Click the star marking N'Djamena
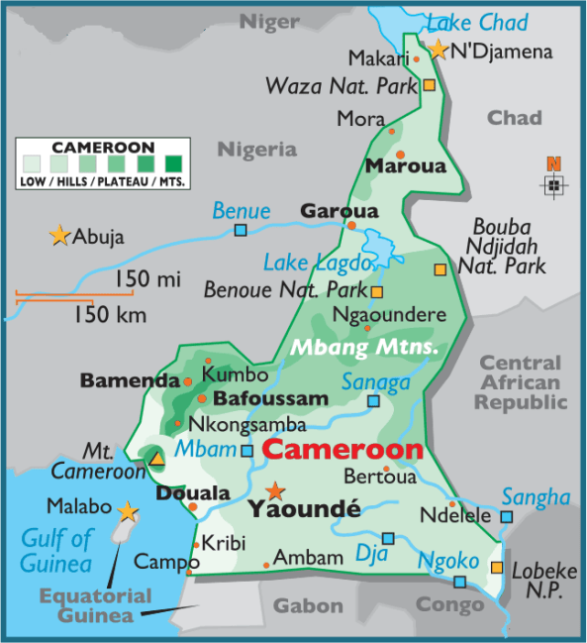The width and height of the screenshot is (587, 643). [x=439, y=49]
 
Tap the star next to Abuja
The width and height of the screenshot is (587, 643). [x=59, y=236]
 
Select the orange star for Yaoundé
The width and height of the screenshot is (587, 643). [x=275, y=490]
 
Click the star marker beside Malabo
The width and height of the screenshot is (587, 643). [x=127, y=511]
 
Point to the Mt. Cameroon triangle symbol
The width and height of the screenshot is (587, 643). [x=156, y=458]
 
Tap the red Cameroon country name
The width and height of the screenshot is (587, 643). [x=342, y=450]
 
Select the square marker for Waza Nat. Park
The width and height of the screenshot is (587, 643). [x=429, y=86]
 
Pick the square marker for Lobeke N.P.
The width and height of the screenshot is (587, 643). [x=497, y=567]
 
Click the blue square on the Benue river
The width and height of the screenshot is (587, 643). [x=241, y=231]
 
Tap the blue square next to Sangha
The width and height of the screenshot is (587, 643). [x=506, y=516]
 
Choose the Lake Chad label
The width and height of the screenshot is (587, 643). [x=477, y=22]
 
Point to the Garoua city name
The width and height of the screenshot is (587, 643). [x=325, y=211]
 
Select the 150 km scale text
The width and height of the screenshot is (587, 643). [x=110, y=315]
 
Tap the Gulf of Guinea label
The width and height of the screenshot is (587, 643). [x=57, y=552]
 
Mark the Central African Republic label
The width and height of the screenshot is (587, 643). [x=521, y=383]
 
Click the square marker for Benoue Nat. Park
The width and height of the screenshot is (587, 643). [x=377, y=291]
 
